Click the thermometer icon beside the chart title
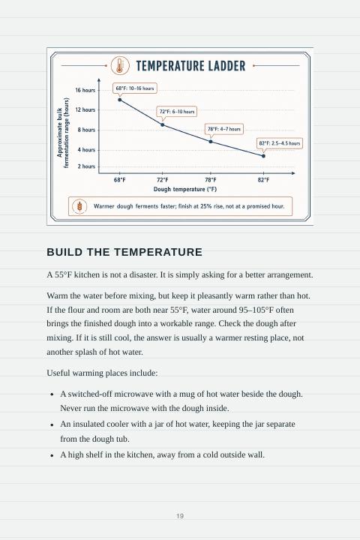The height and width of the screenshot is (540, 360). (120, 65)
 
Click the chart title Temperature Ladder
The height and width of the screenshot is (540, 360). (190, 66)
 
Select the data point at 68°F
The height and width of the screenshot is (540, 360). (120, 100)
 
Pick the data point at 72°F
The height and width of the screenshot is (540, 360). (163, 124)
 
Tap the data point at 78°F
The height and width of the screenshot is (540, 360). (211, 142)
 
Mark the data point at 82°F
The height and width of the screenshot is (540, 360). (263, 156)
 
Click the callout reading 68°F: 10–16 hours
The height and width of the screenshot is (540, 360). (135, 88)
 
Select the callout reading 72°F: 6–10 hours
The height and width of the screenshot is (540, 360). (177, 112)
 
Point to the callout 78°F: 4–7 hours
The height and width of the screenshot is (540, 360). (224, 129)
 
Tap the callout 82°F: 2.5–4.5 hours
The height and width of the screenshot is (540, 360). (280, 143)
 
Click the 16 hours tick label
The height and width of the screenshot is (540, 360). (85, 90)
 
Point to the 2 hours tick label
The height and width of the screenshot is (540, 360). (86, 166)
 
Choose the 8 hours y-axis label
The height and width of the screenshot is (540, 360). (86, 130)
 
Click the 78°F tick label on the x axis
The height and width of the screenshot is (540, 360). (211, 180)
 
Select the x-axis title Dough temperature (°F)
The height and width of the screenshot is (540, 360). (185, 190)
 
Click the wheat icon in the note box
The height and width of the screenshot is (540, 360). (79, 206)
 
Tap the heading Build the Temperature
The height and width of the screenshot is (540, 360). (124, 252)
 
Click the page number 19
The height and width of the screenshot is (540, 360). (180, 516)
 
